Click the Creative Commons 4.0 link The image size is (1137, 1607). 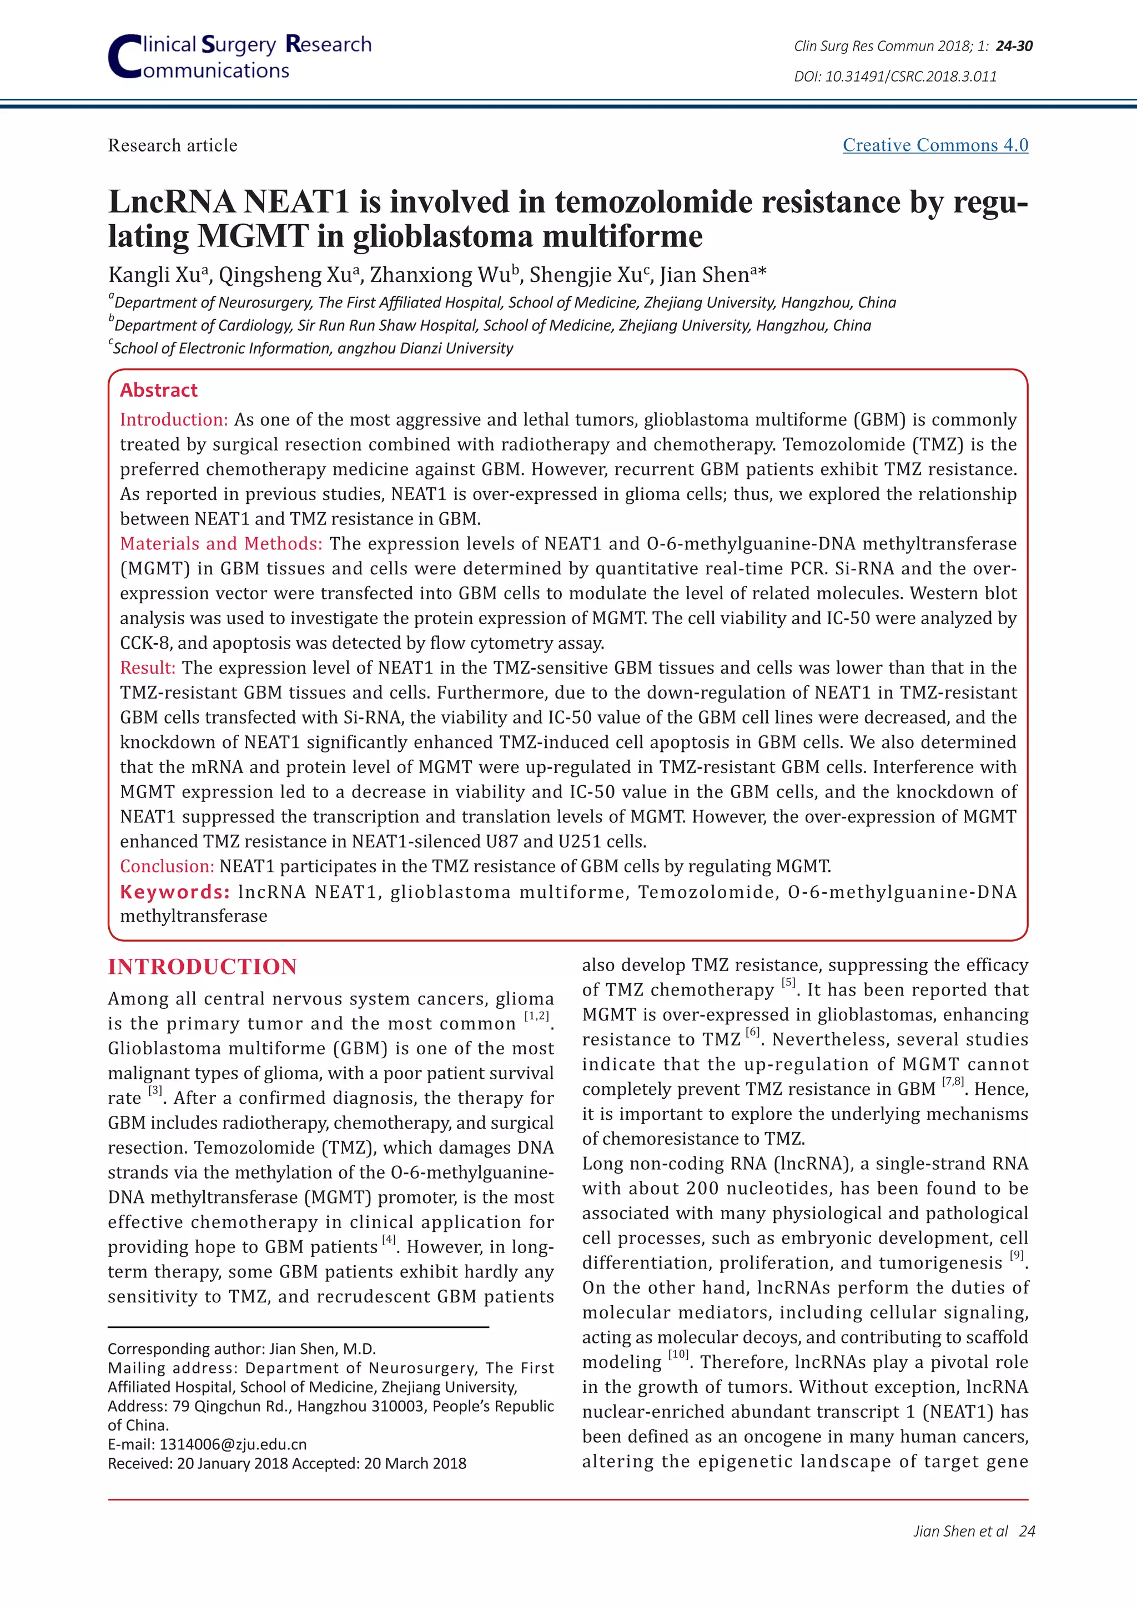click(935, 145)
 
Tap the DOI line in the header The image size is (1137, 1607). click(895, 76)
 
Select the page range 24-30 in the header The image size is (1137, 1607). click(1014, 46)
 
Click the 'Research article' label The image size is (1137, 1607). click(172, 145)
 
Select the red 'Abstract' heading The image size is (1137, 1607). click(159, 390)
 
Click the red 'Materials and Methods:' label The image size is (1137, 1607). click(220, 544)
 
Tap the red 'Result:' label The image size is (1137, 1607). click(148, 668)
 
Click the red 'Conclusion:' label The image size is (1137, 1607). click(167, 867)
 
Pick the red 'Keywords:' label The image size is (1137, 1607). click(174, 892)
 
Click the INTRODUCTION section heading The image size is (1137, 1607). click(202, 967)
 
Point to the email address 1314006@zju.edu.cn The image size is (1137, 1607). click(233, 1444)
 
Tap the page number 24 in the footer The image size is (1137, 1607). click(1027, 1531)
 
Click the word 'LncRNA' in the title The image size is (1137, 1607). click(171, 203)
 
